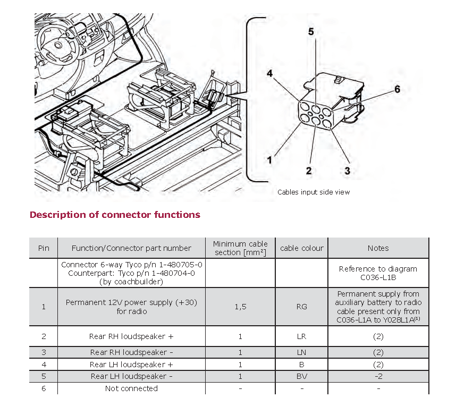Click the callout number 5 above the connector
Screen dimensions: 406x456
tap(311, 32)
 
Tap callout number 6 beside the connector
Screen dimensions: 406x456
tap(397, 90)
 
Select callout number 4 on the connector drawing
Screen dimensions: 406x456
tap(270, 74)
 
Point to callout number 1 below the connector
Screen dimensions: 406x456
tap(270, 159)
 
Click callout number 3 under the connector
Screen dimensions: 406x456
tap(347, 171)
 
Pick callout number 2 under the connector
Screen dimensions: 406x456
tap(308, 171)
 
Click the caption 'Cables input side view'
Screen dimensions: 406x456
tap(314, 192)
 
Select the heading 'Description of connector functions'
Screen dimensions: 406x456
tap(115, 215)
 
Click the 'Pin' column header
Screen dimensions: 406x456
tap(44, 248)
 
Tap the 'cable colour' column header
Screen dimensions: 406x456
tap(302, 248)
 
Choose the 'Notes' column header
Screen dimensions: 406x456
tap(378, 248)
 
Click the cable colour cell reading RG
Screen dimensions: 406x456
tap(302, 307)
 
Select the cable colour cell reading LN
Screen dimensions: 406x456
tap(302, 352)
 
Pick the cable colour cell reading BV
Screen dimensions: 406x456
tap(302, 376)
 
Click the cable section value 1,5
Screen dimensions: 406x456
tap(240, 307)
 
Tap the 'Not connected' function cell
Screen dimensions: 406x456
tap(131, 388)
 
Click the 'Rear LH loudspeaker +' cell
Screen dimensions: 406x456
tap(131, 365)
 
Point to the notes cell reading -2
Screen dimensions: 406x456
tap(378, 376)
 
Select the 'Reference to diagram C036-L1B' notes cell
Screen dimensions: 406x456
tap(378, 273)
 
